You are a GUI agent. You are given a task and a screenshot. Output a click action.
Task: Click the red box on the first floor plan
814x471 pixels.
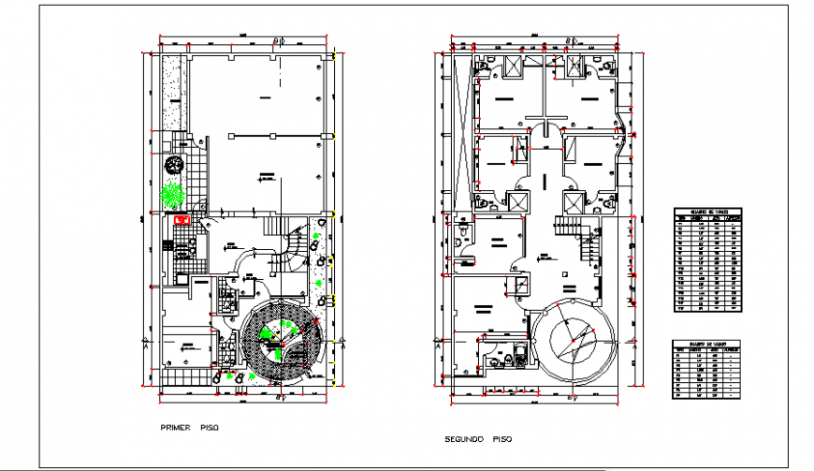point(182,219)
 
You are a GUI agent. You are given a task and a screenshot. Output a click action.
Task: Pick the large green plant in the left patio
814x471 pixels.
point(171,194)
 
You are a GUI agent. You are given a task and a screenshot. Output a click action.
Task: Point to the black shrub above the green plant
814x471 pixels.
point(173,165)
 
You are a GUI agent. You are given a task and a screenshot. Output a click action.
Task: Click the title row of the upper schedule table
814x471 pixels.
point(708,212)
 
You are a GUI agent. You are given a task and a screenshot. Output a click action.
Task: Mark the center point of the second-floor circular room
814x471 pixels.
point(573,339)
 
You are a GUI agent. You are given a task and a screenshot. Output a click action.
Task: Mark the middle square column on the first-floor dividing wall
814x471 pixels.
point(271,137)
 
